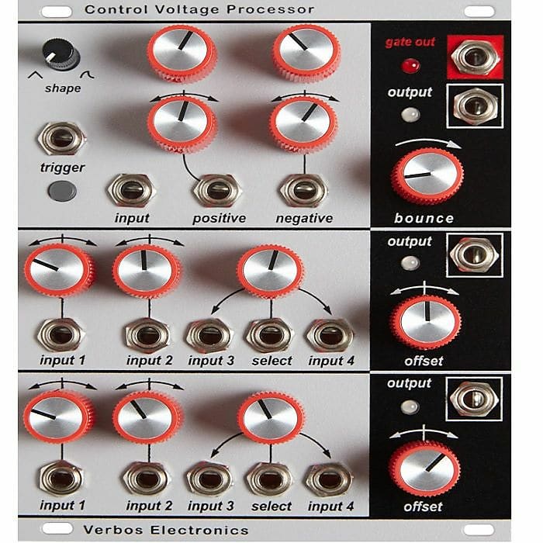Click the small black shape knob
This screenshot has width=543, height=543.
point(61,55)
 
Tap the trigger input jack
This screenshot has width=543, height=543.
point(62,139)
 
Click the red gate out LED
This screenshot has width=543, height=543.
point(410,65)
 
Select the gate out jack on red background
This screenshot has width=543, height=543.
point(475,57)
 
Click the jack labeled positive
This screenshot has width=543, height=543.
point(217,191)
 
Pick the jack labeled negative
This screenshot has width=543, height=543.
point(303,191)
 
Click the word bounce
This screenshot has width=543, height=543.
point(424,218)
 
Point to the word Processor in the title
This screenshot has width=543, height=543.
point(270,9)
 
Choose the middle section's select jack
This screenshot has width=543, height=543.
point(270,336)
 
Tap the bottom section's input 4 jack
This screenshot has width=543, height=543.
point(330,480)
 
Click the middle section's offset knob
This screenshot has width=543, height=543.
point(426,320)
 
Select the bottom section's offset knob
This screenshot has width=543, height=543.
point(424,469)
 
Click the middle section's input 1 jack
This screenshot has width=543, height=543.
point(61,335)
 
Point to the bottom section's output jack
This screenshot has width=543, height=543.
point(475,399)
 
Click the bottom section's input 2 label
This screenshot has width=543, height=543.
point(149,506)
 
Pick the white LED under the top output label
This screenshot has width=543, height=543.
point(410,115)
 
